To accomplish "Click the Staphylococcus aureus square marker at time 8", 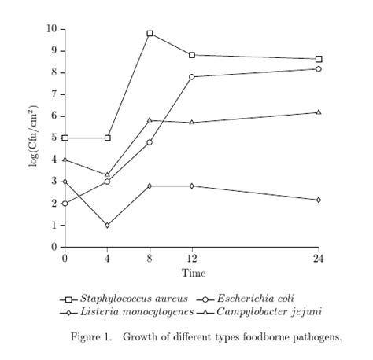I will (150, 34).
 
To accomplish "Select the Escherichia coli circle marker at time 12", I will (192, 77).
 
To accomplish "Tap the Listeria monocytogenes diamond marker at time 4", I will (107, 225).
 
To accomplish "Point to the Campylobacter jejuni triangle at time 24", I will (318, 112).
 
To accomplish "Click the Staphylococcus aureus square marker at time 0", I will (65, 138).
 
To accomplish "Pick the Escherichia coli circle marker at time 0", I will (65, 203).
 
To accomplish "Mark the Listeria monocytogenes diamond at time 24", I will (318, 200).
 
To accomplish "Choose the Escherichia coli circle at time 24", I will (318, 69).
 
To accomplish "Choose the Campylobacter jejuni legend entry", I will (267, 312).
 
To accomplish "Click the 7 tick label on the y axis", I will (54, 94).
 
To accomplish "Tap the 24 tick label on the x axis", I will (318, 259).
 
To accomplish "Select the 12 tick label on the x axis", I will (192, 259).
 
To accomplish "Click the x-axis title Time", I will (194, 273).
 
